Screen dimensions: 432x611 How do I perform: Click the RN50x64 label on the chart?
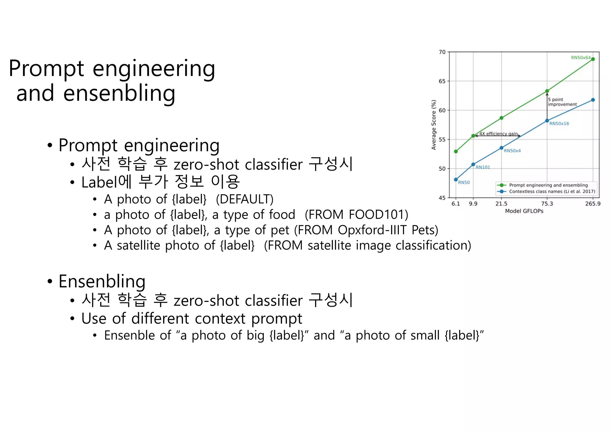click(x=580, y=58)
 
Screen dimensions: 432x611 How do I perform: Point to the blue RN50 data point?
click(x=456, y=180)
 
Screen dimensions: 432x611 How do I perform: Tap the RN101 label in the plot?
click(x=483, y=167)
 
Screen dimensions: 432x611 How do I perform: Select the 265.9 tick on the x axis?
click(x=593, y=204)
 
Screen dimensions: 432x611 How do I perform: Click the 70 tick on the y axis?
click(x=442, y=52)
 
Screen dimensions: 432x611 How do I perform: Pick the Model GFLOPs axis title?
click(x=524, y=211)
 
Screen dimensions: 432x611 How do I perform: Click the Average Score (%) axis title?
click(x=434, y=125)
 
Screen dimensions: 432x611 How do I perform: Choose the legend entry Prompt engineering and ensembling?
click(x=548, y=185)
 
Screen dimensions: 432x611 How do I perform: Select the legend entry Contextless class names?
click(x=552, y=192)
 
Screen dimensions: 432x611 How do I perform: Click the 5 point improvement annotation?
click(x=562, y=102)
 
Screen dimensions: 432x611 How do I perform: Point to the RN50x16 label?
click(x=559, y=124)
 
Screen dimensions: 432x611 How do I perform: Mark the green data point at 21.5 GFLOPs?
click(x=502, y=118)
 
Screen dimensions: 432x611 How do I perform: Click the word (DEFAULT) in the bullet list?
click(x=244, y=199)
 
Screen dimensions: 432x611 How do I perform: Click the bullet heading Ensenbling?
click(x=102, y=281)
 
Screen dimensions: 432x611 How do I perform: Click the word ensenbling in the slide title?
click(x=119, y=93)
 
